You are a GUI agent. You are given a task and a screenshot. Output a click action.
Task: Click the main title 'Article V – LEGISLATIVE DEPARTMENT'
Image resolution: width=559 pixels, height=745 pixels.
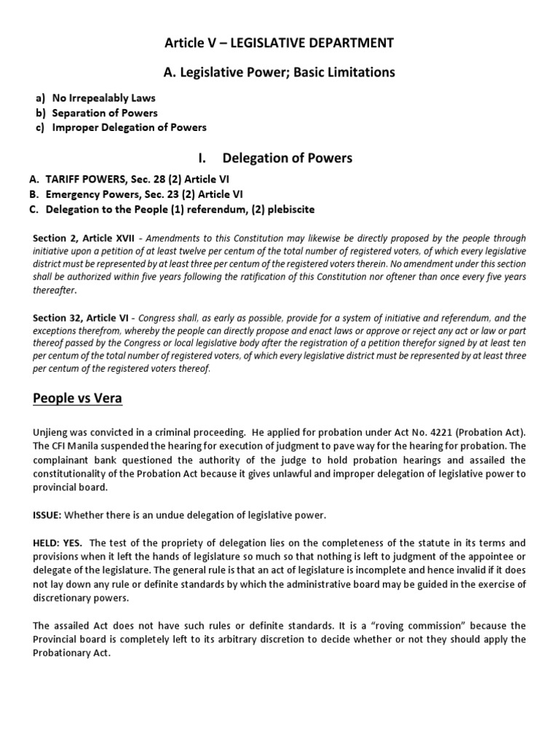(279, 44)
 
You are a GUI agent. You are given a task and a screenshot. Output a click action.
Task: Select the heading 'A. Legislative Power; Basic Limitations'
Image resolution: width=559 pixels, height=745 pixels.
(279, 72)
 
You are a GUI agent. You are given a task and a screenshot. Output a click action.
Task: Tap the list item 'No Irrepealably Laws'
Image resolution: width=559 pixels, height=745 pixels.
(103, 98)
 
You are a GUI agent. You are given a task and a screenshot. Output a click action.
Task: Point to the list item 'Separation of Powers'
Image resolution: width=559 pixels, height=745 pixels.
(105, 113)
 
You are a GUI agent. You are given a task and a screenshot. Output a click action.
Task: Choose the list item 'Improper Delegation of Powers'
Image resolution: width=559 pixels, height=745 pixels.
(129, 127)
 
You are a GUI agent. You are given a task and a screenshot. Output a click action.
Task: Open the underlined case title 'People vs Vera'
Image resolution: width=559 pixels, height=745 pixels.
(76, 399)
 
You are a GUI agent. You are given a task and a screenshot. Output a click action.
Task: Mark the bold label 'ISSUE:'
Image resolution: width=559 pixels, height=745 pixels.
(48, 516)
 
